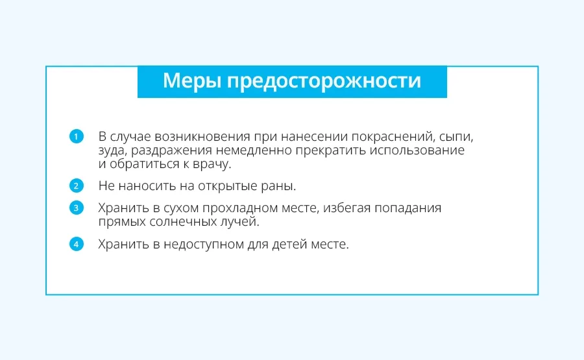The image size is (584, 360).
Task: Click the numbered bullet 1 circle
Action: click(x=77, y=136)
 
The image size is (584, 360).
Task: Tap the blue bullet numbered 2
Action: click(x=77, y=186)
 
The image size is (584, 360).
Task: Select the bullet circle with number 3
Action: click(x=77, y=208)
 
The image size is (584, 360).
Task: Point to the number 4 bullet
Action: click(x=77, y=245)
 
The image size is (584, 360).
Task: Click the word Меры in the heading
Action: click(x=192, y=81)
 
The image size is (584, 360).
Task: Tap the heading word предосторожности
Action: click(x=324, y=81)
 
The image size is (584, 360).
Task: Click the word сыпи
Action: click(x=456, y=138)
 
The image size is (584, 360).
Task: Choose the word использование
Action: click(x=417, y=150)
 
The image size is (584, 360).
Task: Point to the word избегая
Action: click(x=347, y=208)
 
